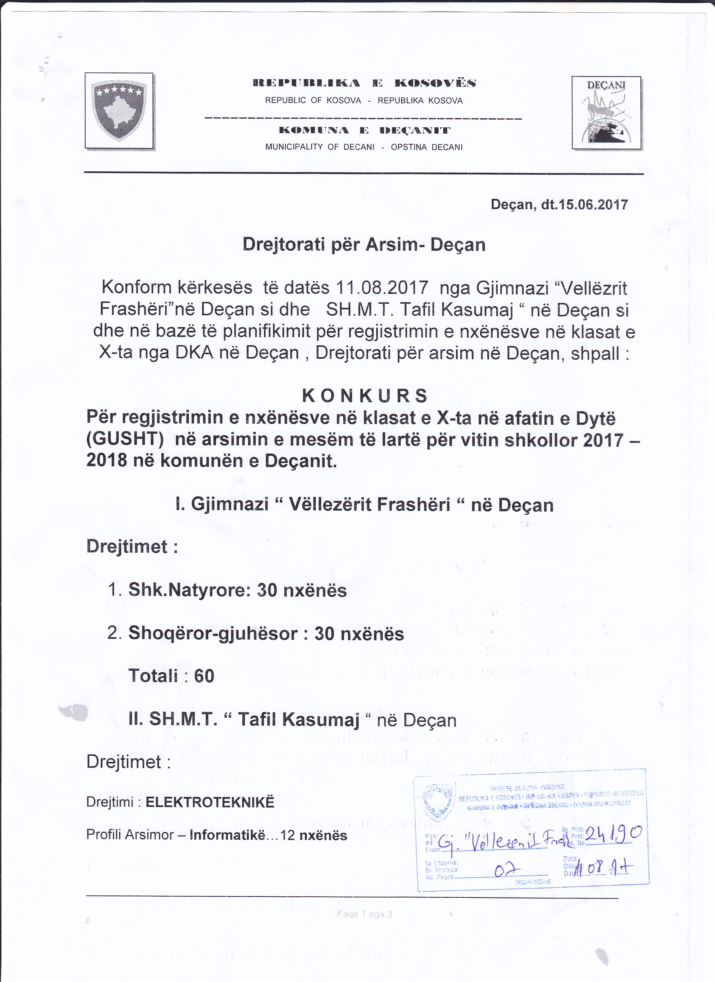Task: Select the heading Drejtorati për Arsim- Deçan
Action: pyautogui.click(x=364, y=245)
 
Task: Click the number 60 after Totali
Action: pyautogui.click(x=204, y=676)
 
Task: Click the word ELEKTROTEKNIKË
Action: pyautogui.click(x=210, y=802)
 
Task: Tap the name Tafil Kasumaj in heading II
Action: pyautogui.click(x=299, y=720)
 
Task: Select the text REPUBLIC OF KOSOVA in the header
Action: pyautogui.click(x=313, y=101)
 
